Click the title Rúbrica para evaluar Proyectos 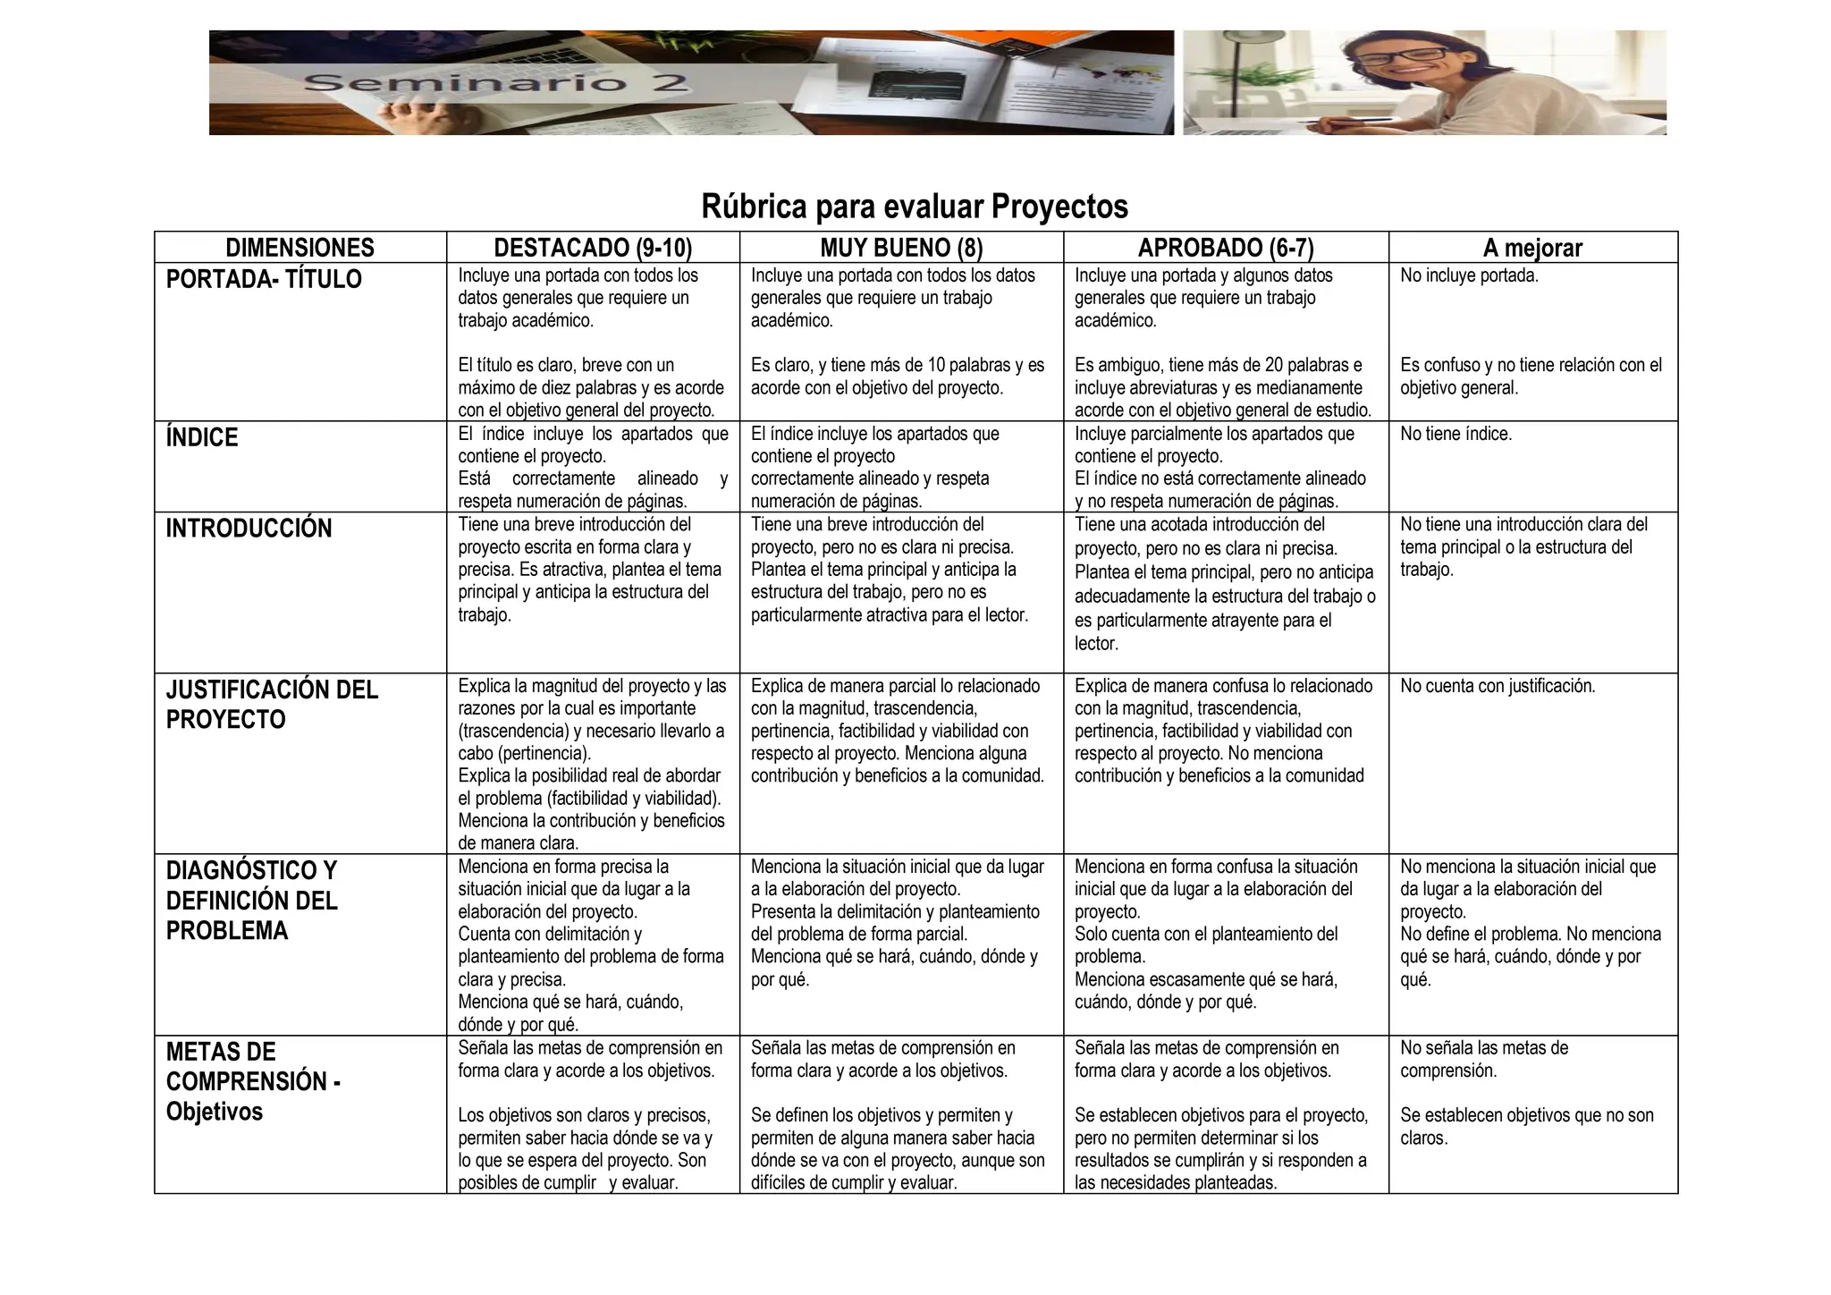[915, 207]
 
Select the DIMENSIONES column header [300, 248]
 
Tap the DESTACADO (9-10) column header [593, 248]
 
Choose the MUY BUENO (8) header [901, 248]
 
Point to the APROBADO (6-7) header [1226, 248]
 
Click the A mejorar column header [1532, 248]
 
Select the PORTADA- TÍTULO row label [264, 279]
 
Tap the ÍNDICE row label [202, 437]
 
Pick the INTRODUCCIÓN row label [249, 529]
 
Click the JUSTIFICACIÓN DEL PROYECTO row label [272, 705]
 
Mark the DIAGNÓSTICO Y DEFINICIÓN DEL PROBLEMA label [252, 901]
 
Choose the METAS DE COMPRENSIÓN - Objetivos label [253, 1081]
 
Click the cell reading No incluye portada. [1469, 275]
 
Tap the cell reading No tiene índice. [1456, 434]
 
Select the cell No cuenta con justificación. [1498, 686]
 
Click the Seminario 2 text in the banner [497, 84]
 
